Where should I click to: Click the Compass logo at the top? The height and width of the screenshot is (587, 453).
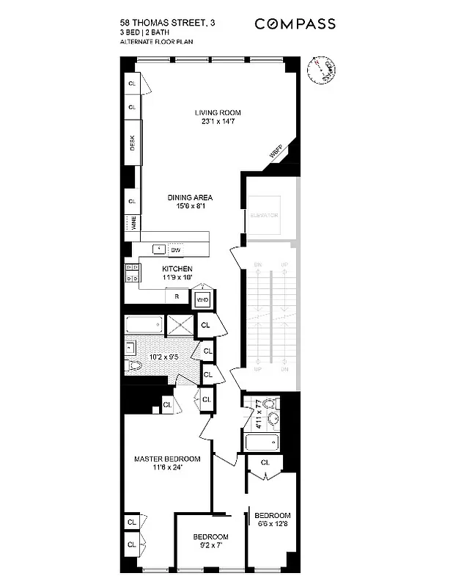click(295, 24)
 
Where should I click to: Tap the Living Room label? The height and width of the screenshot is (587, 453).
click(218, 117)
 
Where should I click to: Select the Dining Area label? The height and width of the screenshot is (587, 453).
click(189, 203)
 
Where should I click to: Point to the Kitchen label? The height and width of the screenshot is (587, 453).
click(177, 274)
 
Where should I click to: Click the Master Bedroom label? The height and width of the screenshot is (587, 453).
click(167, 464)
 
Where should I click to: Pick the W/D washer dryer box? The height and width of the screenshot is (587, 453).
click(202, 299)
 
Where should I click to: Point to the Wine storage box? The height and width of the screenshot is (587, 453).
click(133, 223)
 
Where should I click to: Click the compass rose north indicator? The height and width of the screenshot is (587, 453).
click(320, 70)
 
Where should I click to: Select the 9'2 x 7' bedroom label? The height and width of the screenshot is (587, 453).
click(211, 542)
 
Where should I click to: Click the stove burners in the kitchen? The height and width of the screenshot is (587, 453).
click(131, 274)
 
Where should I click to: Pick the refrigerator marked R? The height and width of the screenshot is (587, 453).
click(177, 297)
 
